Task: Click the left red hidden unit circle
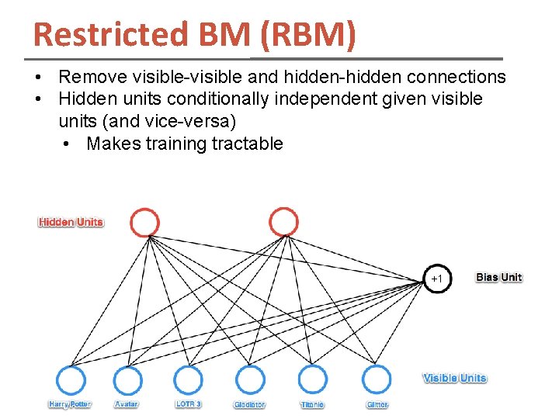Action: point(144,223)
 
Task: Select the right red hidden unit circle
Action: point(283,223)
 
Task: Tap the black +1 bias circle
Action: point(436,278)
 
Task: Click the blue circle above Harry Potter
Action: point(71,380)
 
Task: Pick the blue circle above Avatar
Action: point(128,380)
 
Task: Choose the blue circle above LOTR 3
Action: point(188,380)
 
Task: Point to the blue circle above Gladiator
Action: point(250,380)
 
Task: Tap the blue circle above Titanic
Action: point(312,380)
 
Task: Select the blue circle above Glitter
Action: point(377,380)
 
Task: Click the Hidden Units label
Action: point(71,223)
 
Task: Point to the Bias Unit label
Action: point(498,278)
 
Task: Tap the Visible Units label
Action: point(454,379)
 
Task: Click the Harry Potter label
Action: point(70,405)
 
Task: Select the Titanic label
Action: point(312,405)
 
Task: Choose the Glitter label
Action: point(377,405)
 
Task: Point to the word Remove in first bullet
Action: point(89,77)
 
